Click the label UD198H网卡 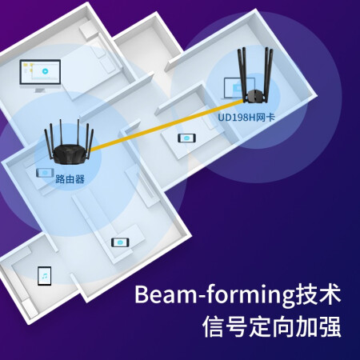246,118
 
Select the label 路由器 70,179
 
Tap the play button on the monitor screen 45,71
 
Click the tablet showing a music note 44,276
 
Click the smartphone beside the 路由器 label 45,173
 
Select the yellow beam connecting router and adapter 167,126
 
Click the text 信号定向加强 271,326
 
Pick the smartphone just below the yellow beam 186,138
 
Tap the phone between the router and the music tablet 120,242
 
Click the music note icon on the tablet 45,276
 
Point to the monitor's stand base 40,90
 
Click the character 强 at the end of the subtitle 330,326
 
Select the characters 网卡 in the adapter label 266,118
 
